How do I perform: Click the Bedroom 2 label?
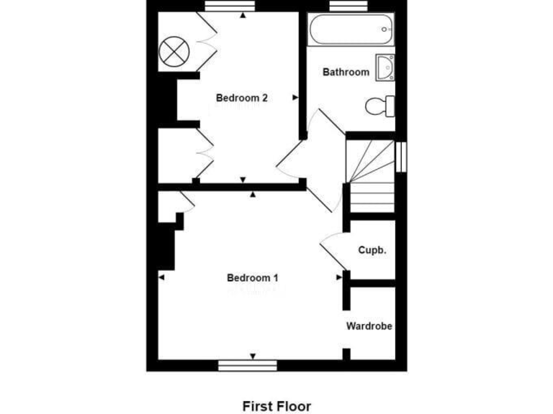pyautogui.click(x=242, y=98)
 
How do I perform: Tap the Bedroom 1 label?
pyautogui.click(x=252, y=278)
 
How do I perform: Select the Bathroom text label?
pyautogui.click(x=346, y=72)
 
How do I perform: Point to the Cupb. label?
pyautogui.click(x=373, y=250)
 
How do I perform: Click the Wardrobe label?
pyautogui.click(x=369, y=326)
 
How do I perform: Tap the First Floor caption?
pyautogui.click(x=276, y=406)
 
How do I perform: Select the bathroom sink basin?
pyautogui.click(x=385, y=66)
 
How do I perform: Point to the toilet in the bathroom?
pyautogui.click(x=379, y=106)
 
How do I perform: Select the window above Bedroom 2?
pyautogui.click(x=225, y=6)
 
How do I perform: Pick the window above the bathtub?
pyautogui.click(x=349, y=6)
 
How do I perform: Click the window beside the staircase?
pyautogui.click(x=401, y=156)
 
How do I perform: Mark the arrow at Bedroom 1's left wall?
pyautogui.click(x=161, y=277)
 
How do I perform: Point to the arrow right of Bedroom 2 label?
pyautogui.click(x=295, y=98)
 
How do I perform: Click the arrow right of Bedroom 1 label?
pyautogui.click(x=339, y=277)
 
